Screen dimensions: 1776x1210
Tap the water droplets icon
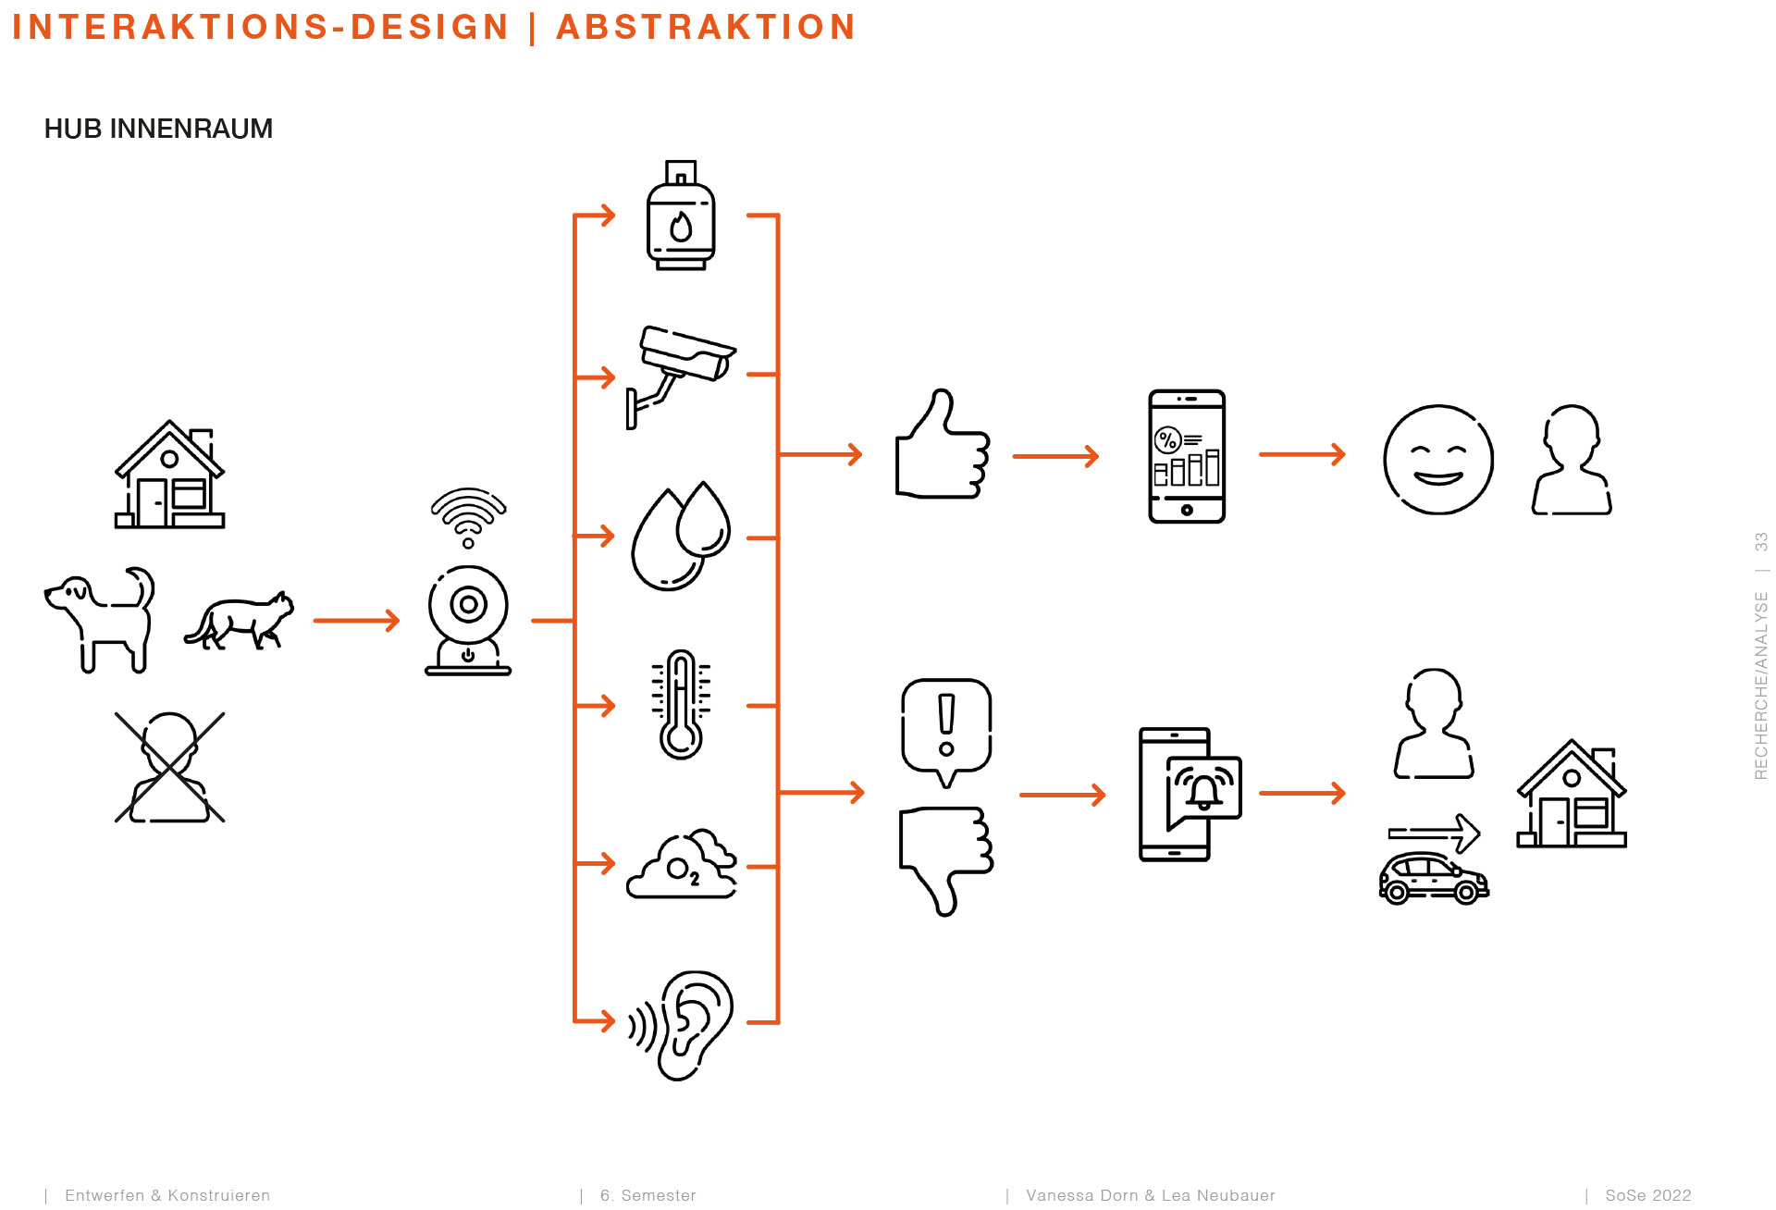681,537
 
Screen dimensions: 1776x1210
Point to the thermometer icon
681,705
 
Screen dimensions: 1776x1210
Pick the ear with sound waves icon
682,1025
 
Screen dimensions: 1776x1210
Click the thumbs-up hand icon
943,446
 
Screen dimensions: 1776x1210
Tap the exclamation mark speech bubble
946,731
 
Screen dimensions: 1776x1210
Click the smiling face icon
1438,459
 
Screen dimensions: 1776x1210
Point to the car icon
1434,878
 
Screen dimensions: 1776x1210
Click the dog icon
100,618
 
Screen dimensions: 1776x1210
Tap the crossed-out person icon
170,767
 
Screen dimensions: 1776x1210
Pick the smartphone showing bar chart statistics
1187,456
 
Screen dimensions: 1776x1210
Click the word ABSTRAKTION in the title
706,27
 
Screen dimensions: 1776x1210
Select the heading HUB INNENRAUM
158,129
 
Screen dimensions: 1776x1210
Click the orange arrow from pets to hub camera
356,620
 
